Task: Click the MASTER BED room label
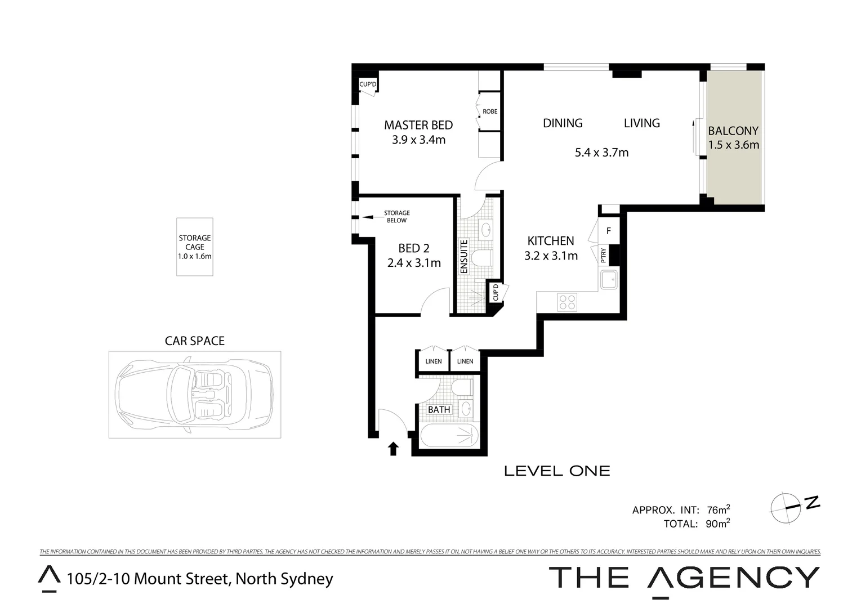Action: tap(418, 125)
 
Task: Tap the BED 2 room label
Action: tap(414, 248)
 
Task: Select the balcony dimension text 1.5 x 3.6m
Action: tap(733, 145)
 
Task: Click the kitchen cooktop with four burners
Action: tap(566, 302)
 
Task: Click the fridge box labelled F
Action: tap(608, 231)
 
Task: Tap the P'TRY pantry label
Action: tap(604, 256)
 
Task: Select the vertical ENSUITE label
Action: tap(464, 257)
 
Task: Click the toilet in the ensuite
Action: tap(482, 258)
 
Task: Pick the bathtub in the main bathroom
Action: tap(449, 437)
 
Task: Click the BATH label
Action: tap(439, 410)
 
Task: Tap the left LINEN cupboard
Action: tap(434, 361)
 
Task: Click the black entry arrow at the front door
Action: tap(393, 448)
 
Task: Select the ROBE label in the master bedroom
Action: tap(490, 111)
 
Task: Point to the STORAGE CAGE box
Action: tap(195, 247)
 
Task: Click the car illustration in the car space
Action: tap(194, 395)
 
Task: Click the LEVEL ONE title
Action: tap(556, 471)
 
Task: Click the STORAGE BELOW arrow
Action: tap(369, 216)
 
